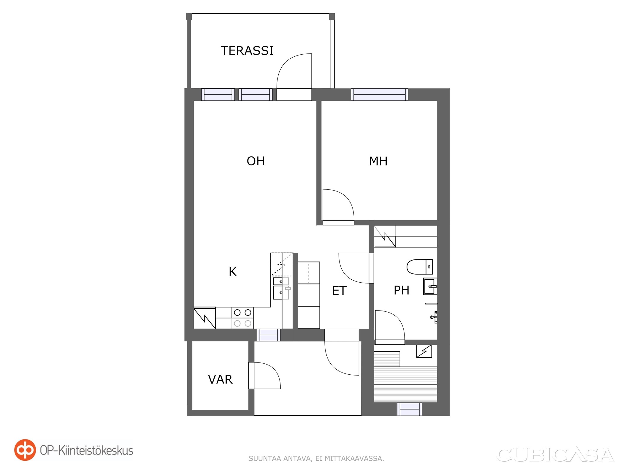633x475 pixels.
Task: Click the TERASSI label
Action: click(x=247, y=51)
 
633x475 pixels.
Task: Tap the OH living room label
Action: click(x=256, y=161)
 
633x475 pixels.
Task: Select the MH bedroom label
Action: click(x=378, y=161)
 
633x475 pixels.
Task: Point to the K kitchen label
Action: click(x=232, y=272)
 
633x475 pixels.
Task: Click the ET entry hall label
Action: click(x=339, y=291)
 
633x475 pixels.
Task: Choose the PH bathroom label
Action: click(x=401, y=290)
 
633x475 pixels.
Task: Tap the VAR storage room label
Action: click(x=220, y=379)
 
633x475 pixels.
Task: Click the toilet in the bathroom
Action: click(x=420, y=267)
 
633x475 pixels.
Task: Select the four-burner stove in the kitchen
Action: click(x=242, y=318)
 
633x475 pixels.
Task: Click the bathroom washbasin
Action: click(x=430, y=286)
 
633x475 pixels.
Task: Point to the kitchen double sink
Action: click(x=281, y=288)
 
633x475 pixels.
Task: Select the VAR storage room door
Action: click(x=264, y=376)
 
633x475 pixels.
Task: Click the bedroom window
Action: click(x=379, y=95)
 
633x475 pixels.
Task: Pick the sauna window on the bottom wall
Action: click(x=410, y=409)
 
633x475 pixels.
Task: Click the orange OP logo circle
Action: click(x=25, y=450)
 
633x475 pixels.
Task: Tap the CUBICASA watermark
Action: click(x=555, y=455)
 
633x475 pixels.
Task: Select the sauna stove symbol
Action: click(x=424, y=351)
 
